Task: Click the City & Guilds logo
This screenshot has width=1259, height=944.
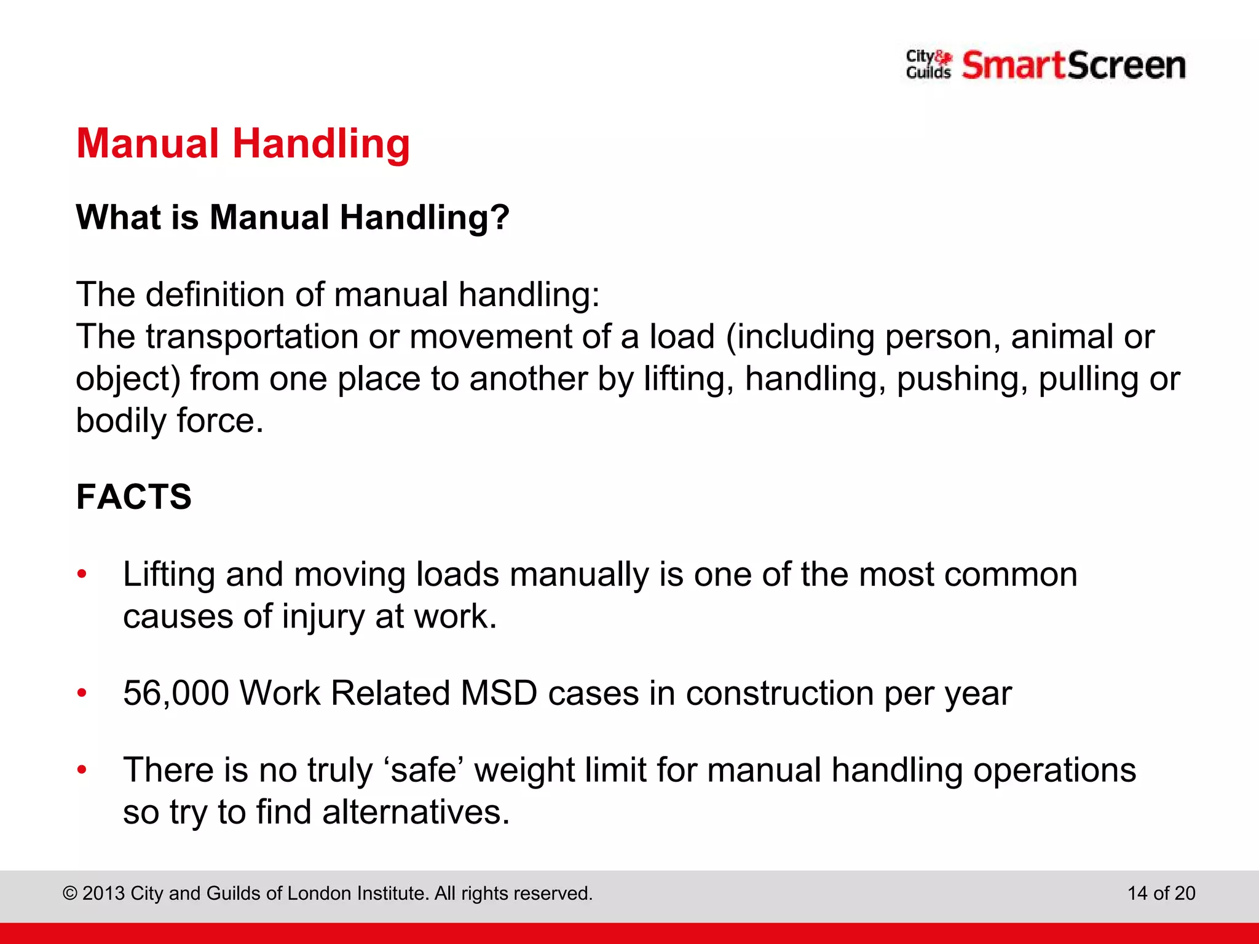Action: (x=928, y=65)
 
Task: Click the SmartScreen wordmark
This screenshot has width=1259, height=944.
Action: (x=1073, y=65)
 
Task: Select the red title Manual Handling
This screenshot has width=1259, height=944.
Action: (x=243, y=144)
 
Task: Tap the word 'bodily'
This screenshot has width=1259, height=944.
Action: (x=121, y=421)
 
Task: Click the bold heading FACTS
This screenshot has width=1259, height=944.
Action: (x=134, y=497)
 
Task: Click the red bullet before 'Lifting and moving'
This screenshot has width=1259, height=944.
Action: (x=82, y=575)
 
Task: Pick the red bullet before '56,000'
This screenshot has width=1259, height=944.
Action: (x=82, y=693)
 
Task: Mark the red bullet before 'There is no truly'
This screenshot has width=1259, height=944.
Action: (x=82, y=770)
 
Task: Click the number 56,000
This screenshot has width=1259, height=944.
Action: (x=176, y=693)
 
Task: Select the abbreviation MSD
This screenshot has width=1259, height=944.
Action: (x=499, y=693)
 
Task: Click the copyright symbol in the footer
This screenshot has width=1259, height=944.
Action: (x=69, y=893)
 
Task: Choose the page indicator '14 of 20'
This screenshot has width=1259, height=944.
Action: (x=1161, y=893)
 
